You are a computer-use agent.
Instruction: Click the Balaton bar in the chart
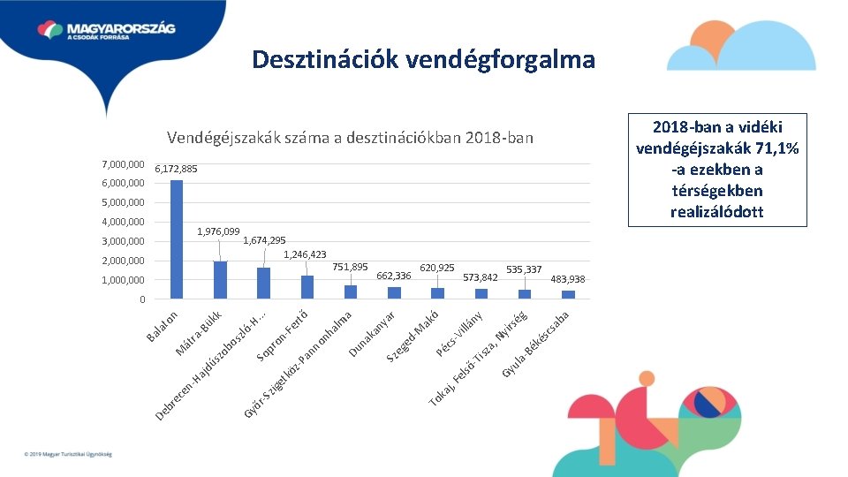tap(177, 239)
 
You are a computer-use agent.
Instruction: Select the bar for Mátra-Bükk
tap(220, 280)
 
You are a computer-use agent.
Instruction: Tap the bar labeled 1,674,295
tap(263, 284)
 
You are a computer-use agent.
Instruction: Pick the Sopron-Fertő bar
tap(307, 287)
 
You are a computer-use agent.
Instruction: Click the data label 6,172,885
tap(176, 169)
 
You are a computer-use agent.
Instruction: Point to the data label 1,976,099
tap(218, 231)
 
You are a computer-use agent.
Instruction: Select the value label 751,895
tap(350, 267)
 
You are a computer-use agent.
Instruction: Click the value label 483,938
tap(568, 279)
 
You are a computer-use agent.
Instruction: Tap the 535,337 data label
tap(524, 269)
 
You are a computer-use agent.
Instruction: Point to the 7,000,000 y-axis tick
tap(123, 165)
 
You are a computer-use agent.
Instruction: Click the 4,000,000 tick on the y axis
tap(123, 222)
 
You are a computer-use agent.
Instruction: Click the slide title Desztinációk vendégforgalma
tap(423, 59)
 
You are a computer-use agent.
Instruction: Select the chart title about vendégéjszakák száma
tap(350, 138)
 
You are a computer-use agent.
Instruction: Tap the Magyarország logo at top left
tap(106, 30)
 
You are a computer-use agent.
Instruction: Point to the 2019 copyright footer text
tap(68, 454)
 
